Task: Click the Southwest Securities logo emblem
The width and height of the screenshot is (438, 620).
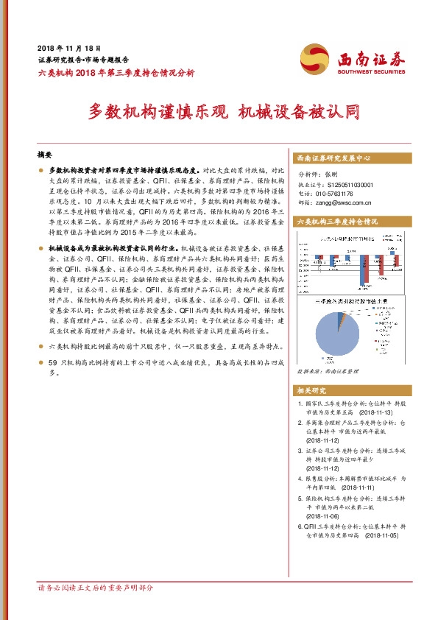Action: pos(316,58)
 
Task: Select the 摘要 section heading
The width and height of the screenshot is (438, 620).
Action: pos(45,156)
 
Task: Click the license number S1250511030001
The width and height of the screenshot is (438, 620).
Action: pos(346,185)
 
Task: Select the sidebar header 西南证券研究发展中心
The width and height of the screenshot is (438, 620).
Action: pos(333,158)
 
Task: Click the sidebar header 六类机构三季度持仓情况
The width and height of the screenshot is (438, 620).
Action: pos(336,221)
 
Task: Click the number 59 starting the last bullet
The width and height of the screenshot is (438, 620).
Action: pos(52,364)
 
